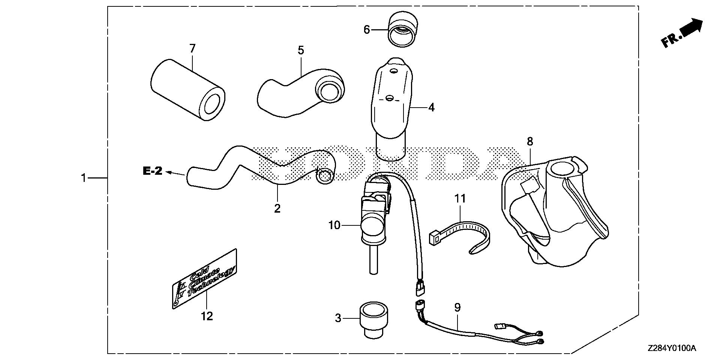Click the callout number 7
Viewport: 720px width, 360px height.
pyautogui.click(x=192, y=48)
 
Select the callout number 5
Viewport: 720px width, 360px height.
pyautogui.click(x=301, y=50)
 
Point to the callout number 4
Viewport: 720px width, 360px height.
pyautogui.click(x=431, y=107)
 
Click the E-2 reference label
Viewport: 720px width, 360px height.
pyautogui.click(x=153, y=171)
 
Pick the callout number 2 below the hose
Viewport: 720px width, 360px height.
pyautogui.click(x=277, y=208)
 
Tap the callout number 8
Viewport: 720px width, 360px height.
pyautogui.click(x=529, y=141)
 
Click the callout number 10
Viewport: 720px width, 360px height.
pyautogui.click(x=334, y=225)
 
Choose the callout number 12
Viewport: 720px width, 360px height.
pyautogui.click(x=207, y=316)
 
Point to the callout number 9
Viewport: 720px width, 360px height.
pyautogui.click(x=457, y=307)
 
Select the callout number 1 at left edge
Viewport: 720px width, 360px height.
pyautogui.click(x=84, y=178)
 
